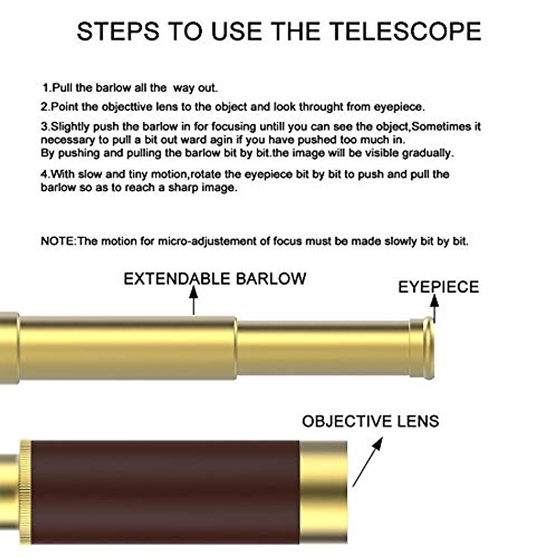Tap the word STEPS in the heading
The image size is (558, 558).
click(x=119, y=32)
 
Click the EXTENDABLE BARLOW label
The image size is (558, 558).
click(x=215, y=279)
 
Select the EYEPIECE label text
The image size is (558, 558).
click(x=438, y=287)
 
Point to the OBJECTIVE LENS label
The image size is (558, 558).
click(x=370, y=421)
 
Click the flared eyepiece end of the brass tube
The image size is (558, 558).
click(x=424, y=348)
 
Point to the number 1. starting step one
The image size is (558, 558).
click(x=46, y=87)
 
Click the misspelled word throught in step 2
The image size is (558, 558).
click(x=321, y=107)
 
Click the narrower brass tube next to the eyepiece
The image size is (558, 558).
click(x=323, y=348)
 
